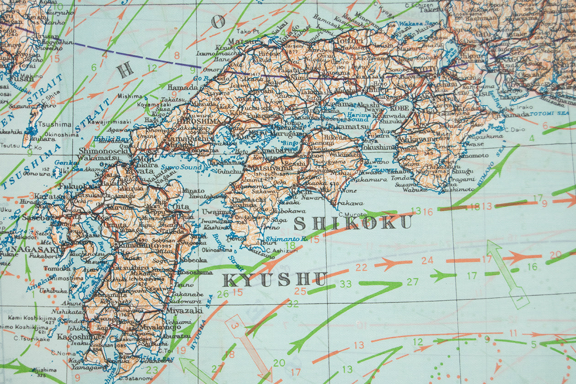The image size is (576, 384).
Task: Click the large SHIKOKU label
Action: click(352, 223)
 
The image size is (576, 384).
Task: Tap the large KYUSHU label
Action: click(274, 278)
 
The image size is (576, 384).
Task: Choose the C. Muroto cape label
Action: click(353, 214)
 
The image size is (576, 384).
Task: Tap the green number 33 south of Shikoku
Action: click(346, 284)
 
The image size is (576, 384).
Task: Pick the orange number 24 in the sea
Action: click(427, 261)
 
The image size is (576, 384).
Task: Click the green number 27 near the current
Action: click(412, 282)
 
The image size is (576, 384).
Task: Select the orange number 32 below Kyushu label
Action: click(293, 303)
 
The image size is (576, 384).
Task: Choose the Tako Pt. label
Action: click(248, 31)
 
